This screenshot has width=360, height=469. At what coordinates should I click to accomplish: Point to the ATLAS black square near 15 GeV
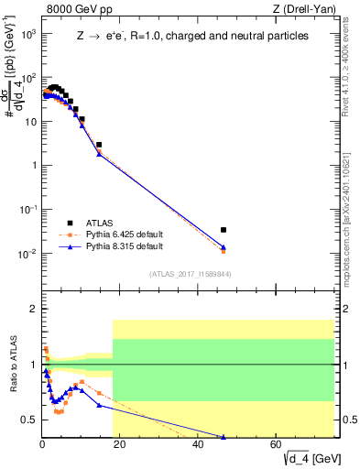99,145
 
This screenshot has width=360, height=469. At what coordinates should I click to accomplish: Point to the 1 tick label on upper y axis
32,165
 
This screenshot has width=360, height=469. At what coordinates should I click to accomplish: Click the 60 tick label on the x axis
276,445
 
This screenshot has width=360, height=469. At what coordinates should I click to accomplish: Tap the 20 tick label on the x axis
120,445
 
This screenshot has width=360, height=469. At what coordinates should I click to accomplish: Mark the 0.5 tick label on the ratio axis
27,420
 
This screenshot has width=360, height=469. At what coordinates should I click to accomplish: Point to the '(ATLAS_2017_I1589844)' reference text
189,273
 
